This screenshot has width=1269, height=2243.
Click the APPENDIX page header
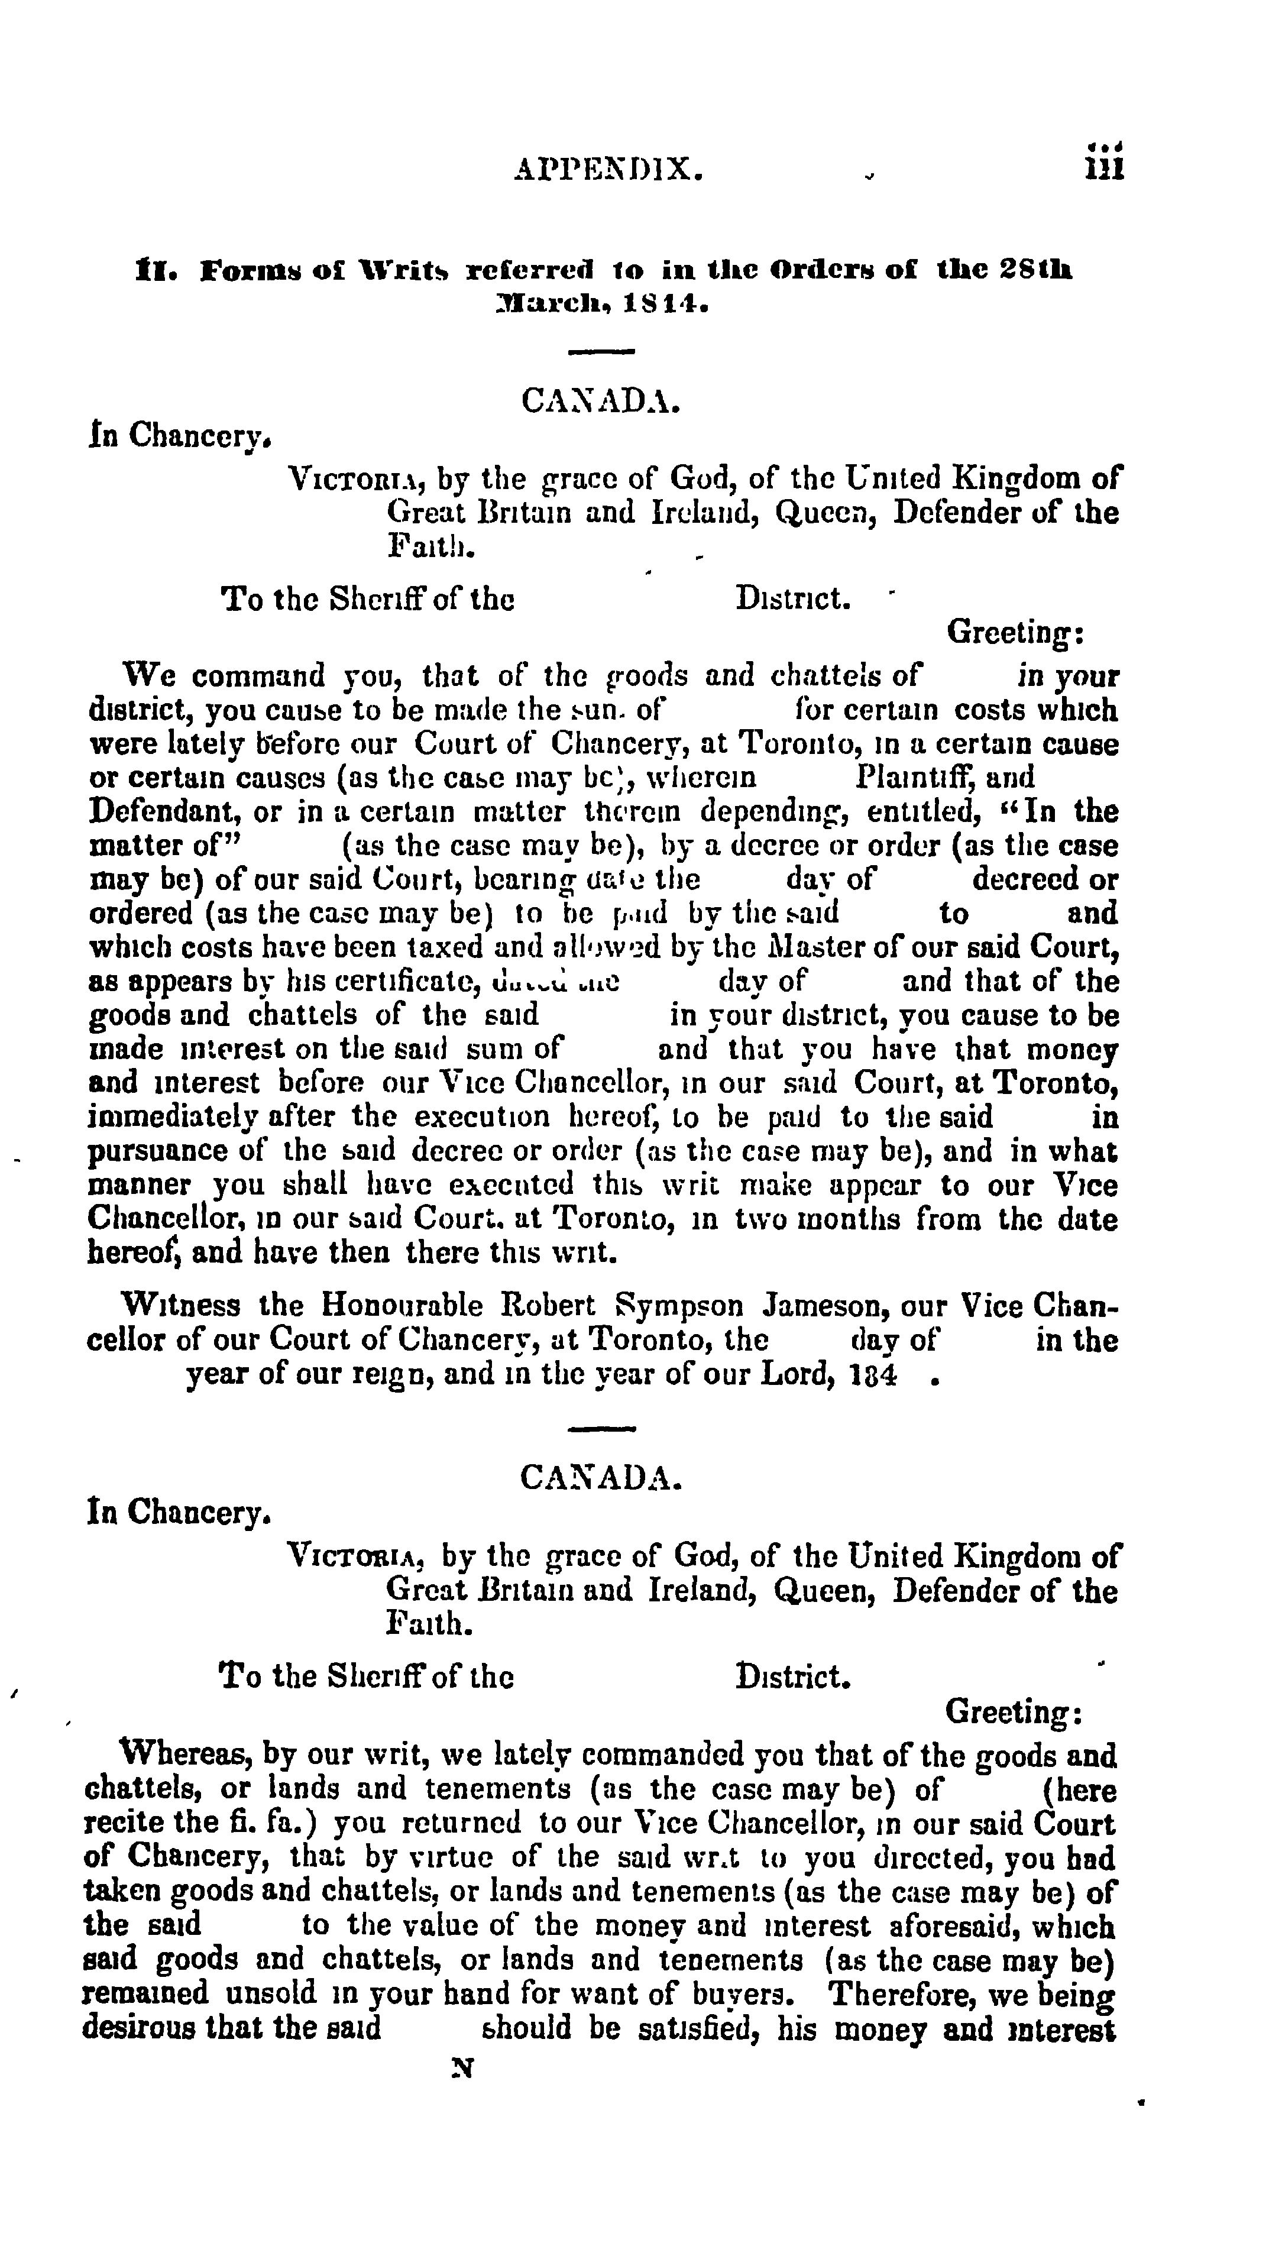(608, 167)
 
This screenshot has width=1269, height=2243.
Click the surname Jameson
(826, 1305)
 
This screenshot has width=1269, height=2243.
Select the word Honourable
(402, 1305)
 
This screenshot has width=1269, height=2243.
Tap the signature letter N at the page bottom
(462, 2068)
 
